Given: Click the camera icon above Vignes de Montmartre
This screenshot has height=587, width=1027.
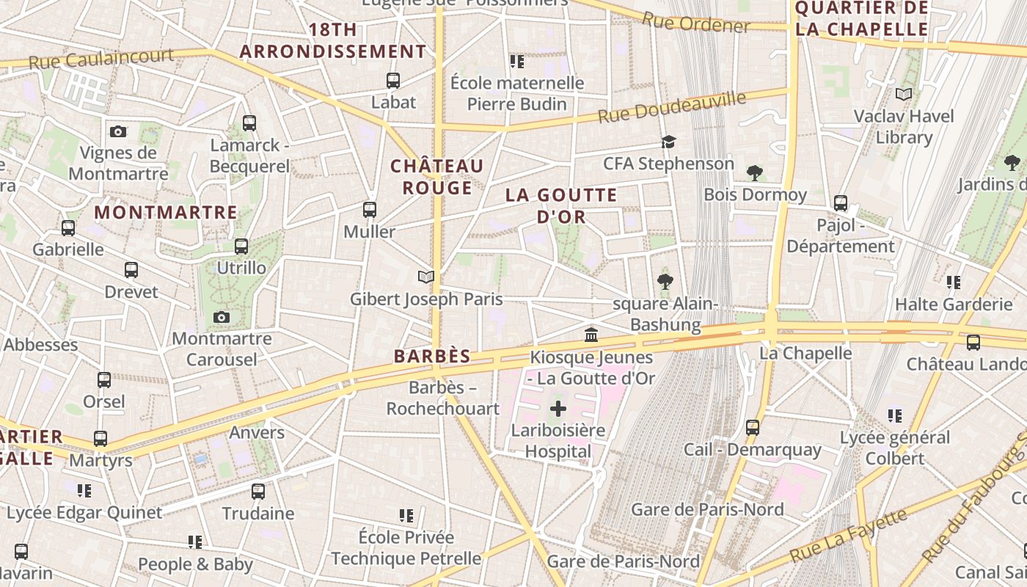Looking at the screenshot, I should pyautogui.click(x=118, y=131).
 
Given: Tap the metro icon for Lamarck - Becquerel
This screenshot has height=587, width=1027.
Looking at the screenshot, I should pyautogui.click(x=249, y=123).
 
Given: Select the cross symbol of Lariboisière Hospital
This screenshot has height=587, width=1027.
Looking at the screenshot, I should pyautogui.click(x=558, y=409).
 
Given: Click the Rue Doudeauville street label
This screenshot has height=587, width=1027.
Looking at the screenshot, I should pyautogui.click(x=671, y=107).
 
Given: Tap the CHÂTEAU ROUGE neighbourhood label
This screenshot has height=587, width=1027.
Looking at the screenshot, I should pyautogui.click(x=437, y=177).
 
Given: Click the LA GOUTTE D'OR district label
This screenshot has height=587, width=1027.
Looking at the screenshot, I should pyautogui.click(x=561, y=205).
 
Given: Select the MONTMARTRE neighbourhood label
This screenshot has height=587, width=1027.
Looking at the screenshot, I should pyautogui.click(x=167, y=213).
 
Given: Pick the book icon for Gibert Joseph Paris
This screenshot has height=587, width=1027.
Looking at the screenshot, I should pyautogui.click(x=426, y=277).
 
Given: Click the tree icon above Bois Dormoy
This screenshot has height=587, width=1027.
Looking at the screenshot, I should pyautogui.click(x=754, y=173).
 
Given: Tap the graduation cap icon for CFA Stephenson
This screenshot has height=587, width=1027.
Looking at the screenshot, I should pyautogui.click(x=668, y=142).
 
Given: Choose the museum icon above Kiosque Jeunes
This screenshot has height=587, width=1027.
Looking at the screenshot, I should pyautogui.click(x=591, y=335).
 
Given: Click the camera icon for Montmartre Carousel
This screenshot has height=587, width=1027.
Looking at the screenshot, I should pyautogui.click(x=221, y=317).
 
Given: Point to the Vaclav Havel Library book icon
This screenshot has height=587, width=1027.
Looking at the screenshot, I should pyautogui.click(x=904, y=94).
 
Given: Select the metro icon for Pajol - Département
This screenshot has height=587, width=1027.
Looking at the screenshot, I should pyautogui.click(x=841, y=203).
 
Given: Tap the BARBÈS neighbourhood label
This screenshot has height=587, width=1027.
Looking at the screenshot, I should pyautogui.click(x=432, y=357).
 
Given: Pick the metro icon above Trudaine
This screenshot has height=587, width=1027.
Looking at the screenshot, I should pyautogui.click(x=258, y=491).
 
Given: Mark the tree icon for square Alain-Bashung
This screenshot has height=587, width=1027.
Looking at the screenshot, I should pyautogui.click(x=665, y=281).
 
